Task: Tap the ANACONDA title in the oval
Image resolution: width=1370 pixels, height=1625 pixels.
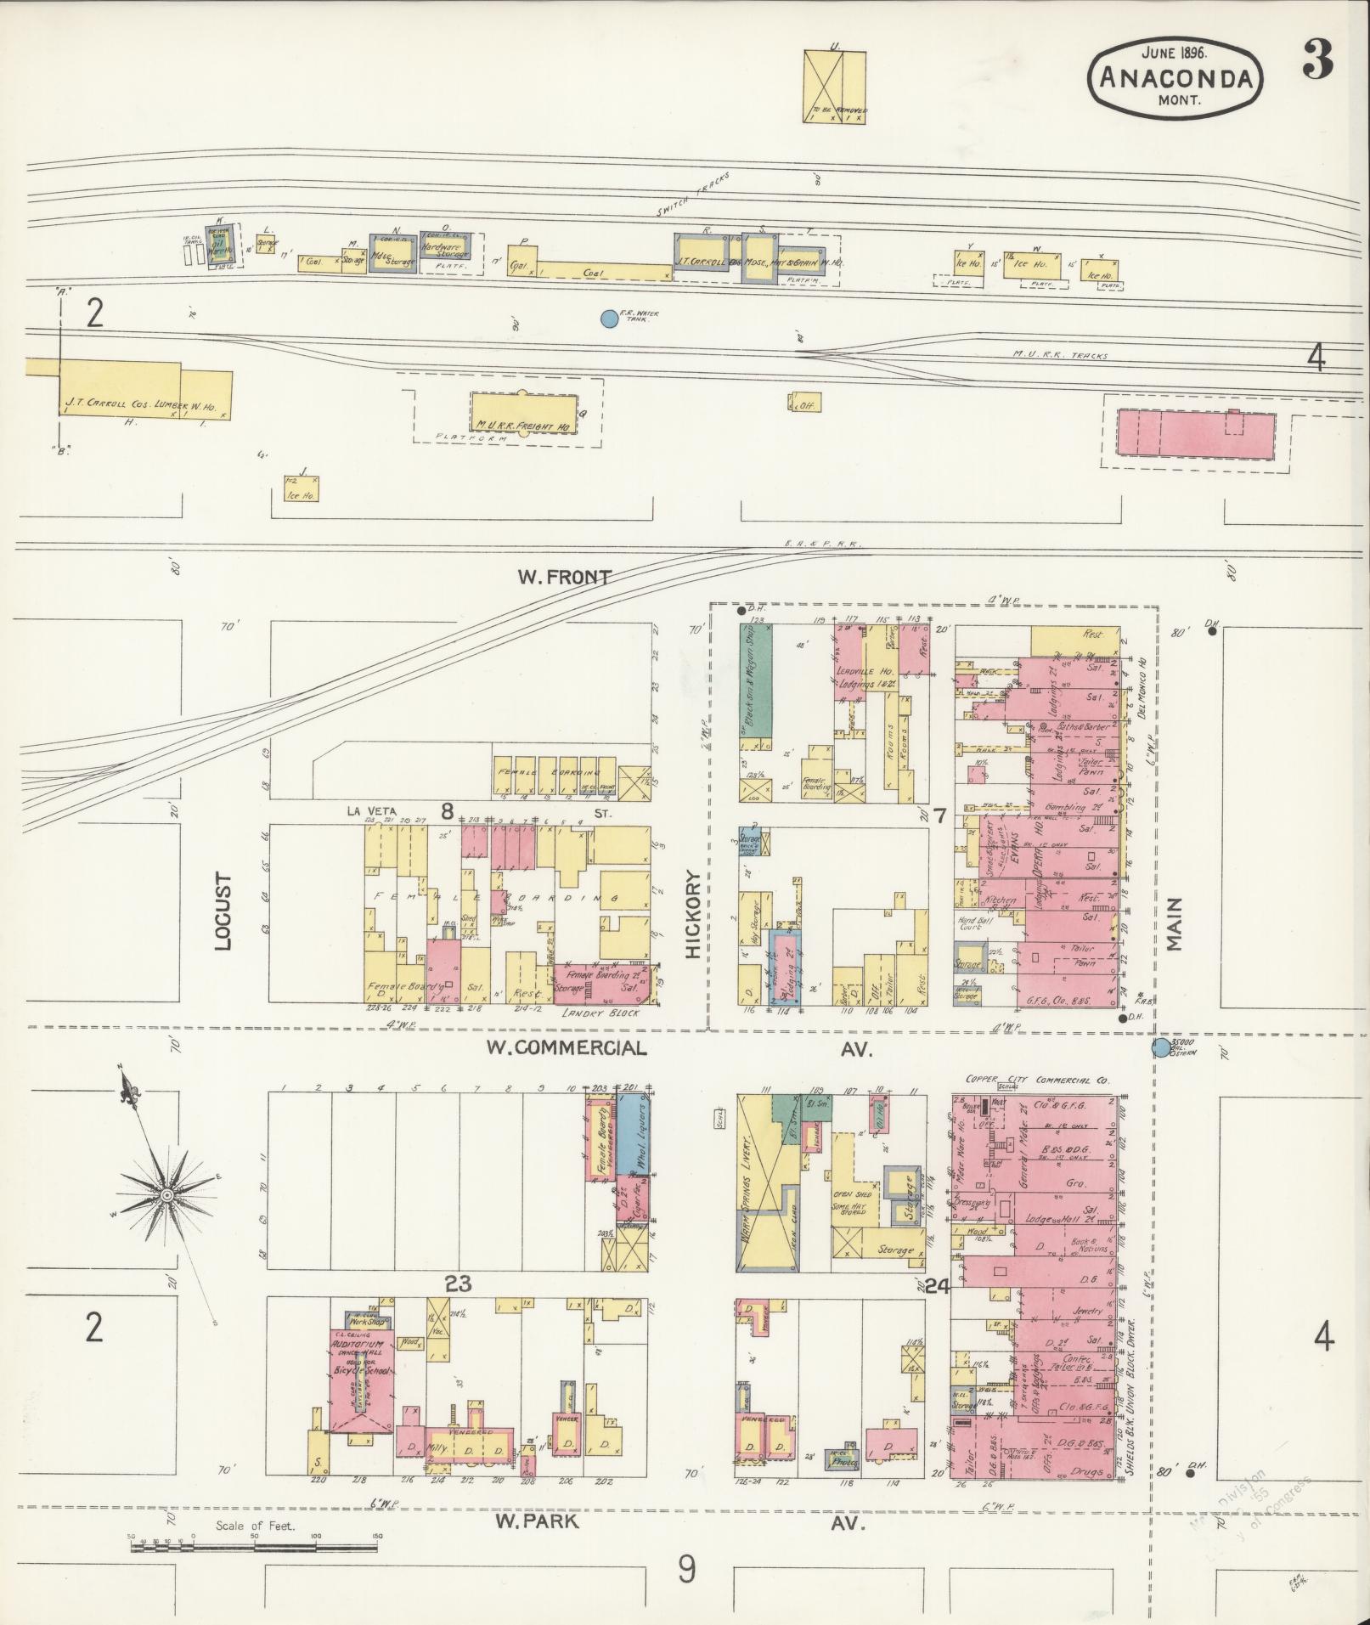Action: pyautogui.click(x=1176, y=78)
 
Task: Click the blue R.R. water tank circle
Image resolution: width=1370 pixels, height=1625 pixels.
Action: pyautogui.click(x=608, y=319)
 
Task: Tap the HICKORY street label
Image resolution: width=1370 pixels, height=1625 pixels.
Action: pyautogui.click(x=695, y=913)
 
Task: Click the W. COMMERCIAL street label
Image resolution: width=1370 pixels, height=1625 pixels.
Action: pyautogui.click(x=566, y=1047)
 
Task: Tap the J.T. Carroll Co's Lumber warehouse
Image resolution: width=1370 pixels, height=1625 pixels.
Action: pyautogui.click(x=144, y=389)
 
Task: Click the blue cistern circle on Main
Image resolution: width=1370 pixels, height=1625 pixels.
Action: pyautogui.click(x=1160, y=1047)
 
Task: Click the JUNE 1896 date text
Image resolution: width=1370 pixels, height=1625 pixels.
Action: pyautogui.click(x=1175, y=50)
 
